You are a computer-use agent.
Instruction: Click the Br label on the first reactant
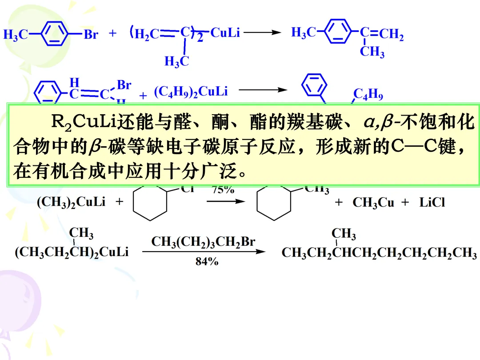91,34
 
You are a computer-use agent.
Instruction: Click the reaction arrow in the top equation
262,32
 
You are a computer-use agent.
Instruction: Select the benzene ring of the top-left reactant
55,34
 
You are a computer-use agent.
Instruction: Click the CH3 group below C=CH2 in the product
372,52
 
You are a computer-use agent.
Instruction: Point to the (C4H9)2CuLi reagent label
191,92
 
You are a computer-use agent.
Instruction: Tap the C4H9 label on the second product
368,95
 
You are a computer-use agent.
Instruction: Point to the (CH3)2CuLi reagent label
71,202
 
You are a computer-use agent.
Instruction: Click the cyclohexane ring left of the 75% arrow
150,203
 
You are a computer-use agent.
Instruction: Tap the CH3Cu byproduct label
373,203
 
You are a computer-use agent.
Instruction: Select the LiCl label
432,203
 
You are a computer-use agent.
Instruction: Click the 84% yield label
207,262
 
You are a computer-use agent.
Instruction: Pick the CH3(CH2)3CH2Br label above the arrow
204,242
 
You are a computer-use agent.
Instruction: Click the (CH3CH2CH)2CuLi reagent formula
72,252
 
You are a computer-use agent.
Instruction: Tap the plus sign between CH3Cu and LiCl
405,203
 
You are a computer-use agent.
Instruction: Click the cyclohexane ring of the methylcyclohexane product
274,203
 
